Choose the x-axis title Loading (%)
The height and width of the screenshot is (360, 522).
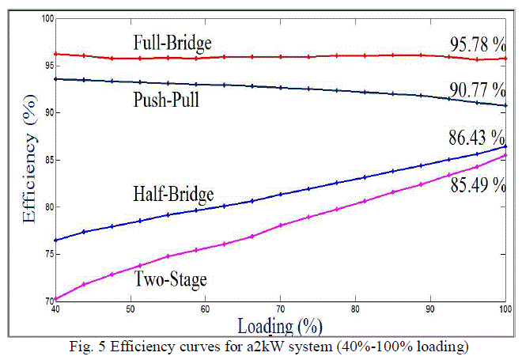coord(278,324)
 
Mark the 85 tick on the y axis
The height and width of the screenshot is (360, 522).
coord(46,160)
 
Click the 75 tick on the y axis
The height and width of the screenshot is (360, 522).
coord(46,254)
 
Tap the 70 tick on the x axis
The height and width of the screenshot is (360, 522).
coord(280,307)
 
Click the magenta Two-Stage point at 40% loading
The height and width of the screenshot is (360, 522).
coord(55,299)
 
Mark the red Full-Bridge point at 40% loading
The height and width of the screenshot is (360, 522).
coord(55,54)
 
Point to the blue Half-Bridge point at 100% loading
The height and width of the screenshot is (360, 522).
coord(505,146)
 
